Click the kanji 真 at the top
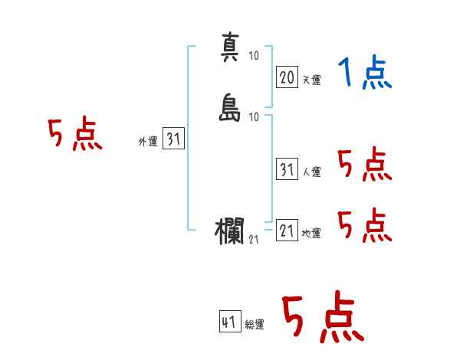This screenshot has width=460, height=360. tap(230, 47)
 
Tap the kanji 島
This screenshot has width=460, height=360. tap(230, 107)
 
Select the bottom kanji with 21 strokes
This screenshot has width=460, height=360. tap(229, 231)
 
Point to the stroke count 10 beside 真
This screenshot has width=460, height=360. tap(254, 55)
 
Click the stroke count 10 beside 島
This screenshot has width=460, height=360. tap(254, 117)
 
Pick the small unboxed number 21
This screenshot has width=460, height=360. tap(254, 240)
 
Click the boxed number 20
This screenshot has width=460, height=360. tap(287, 77)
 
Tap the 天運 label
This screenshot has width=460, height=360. tap(312, 80)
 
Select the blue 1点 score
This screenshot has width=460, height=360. tap(365, 72)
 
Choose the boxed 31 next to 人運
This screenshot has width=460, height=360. tap(287, 169)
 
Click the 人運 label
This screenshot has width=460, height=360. tap(312, 172)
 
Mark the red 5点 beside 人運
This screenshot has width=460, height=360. tap(365, 164)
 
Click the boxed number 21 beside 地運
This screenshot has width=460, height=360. tap(287, 230)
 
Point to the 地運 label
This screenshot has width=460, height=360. tap(311, 234)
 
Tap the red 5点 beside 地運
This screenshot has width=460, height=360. tap(365, 225)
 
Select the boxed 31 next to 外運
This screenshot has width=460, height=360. tap(173, 139)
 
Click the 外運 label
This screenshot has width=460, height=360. tap(148, 142)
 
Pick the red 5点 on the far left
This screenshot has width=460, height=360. tap(75, 133)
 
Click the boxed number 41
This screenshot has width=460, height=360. tap(230, 321)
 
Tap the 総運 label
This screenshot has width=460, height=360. tap(255, 325)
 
